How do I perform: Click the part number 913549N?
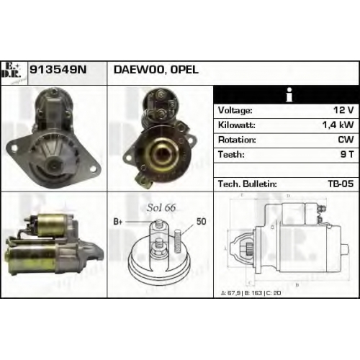58,70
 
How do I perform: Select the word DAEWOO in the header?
139,70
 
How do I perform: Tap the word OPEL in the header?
184,70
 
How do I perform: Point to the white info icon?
289,94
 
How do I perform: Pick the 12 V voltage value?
343,110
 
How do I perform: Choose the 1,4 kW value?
338,125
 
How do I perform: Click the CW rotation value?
346,140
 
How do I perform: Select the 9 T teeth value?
347,155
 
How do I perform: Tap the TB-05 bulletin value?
341,184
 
